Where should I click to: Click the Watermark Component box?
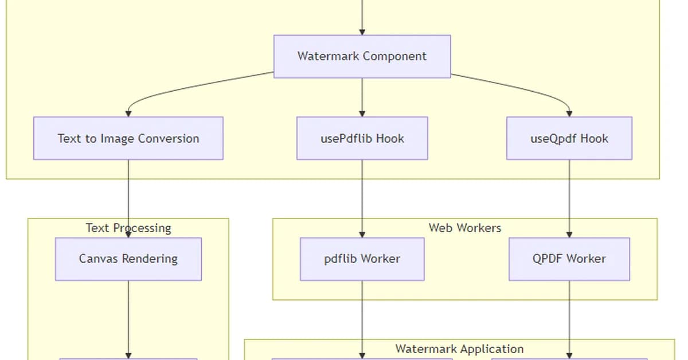(362, 56)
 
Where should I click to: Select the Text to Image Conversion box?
(128, 138)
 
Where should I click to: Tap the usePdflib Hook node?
(362, 138)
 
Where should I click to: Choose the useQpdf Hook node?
(569, 138)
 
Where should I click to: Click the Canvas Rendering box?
(128, 259)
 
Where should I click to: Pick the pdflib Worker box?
(362, 259)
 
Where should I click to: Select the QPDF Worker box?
(569, 259)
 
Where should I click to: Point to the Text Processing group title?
(128, 228)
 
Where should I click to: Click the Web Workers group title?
(464, 228)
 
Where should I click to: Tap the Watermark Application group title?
(459, 349)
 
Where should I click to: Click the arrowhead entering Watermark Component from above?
(362, 31)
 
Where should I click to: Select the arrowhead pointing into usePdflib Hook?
(362, 113)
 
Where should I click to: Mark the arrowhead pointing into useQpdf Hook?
(569, 113)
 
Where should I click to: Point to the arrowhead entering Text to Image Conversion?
(128, 113)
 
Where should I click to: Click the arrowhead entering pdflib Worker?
(362, 234)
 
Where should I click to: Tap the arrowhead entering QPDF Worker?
(569, 234)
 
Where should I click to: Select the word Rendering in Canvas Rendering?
(150, 259)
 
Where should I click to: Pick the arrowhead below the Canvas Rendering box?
(128, 355)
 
